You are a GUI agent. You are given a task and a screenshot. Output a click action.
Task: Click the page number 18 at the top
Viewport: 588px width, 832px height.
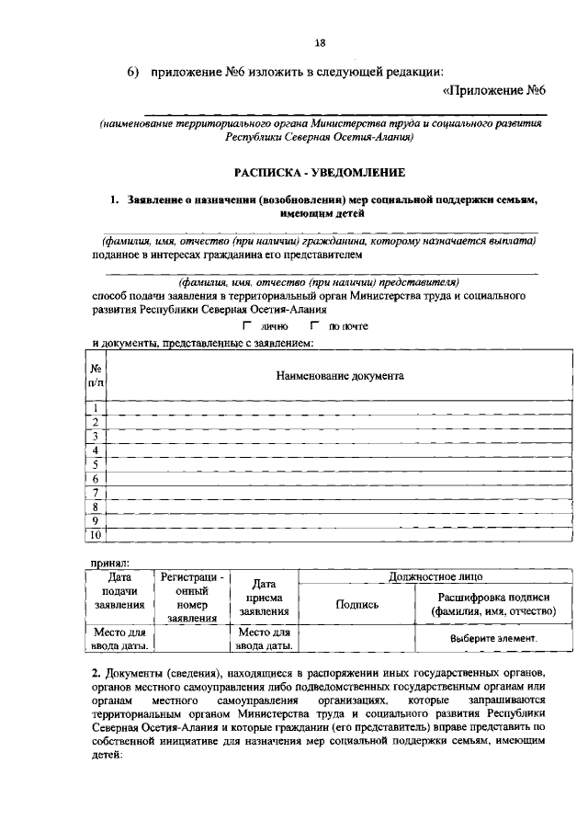[320, 42]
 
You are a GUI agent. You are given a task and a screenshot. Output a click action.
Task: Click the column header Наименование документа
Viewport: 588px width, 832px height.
[340, 376]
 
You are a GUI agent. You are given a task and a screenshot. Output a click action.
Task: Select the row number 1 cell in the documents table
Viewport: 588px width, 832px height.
[95, 409]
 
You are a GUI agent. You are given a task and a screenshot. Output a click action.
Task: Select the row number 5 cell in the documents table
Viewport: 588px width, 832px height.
[95, 464]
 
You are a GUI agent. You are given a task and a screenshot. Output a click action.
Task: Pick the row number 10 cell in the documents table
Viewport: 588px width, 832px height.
[95, 534]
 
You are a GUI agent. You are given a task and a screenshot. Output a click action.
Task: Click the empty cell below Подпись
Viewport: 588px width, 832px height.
[357, 638]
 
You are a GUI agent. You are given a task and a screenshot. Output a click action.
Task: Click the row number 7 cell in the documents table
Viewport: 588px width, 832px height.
[95, 493]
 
